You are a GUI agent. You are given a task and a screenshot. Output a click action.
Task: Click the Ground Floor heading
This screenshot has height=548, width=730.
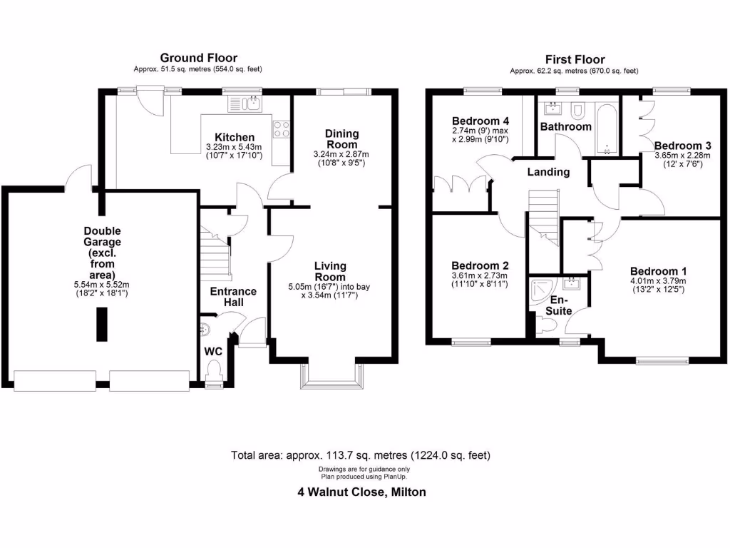[x=198, y=58]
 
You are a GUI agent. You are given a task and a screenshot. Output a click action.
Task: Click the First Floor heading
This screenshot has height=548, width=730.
[x=575, y=59]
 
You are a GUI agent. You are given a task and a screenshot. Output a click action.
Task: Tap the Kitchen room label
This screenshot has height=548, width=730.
[x=235, y=138]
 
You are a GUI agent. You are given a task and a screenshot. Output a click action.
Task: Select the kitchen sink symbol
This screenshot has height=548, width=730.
[x=244, y=105]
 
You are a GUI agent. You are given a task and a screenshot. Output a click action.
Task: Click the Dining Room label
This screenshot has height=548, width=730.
[x=341, y=138]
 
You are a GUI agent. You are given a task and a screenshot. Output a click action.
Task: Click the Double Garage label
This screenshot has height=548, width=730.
[x=102, y=253]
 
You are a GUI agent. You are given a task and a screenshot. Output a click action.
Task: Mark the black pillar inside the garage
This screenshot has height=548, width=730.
[x=101, y=325]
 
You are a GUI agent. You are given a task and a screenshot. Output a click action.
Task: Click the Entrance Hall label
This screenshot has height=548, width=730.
[x=232, y=297]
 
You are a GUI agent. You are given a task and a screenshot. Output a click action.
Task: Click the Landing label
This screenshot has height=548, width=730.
[x=548, y=172]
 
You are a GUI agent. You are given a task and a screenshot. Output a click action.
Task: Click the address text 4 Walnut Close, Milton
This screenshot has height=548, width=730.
[x=361, y=492]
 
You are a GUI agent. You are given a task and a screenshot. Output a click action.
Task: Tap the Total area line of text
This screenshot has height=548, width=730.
[x=361, y=455]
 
